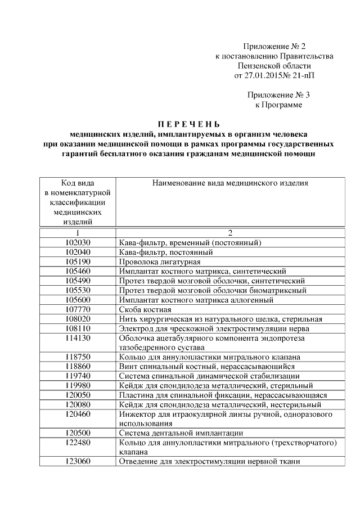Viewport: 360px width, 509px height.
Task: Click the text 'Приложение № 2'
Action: point(274,46)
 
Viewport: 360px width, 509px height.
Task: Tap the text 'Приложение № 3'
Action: point(274,95)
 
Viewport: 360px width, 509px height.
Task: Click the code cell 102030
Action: point(78,243)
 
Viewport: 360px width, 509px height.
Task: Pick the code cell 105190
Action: point(78,262)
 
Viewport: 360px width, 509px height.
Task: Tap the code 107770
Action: point(78,310)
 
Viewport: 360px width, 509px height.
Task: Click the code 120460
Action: point(78,414)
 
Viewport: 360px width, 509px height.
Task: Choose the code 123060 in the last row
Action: point(78,462)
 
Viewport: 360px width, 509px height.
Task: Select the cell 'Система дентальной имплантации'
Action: point(181,433)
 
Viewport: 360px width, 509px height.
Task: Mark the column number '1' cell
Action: point(78,233)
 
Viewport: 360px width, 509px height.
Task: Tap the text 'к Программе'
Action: point(274,105)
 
